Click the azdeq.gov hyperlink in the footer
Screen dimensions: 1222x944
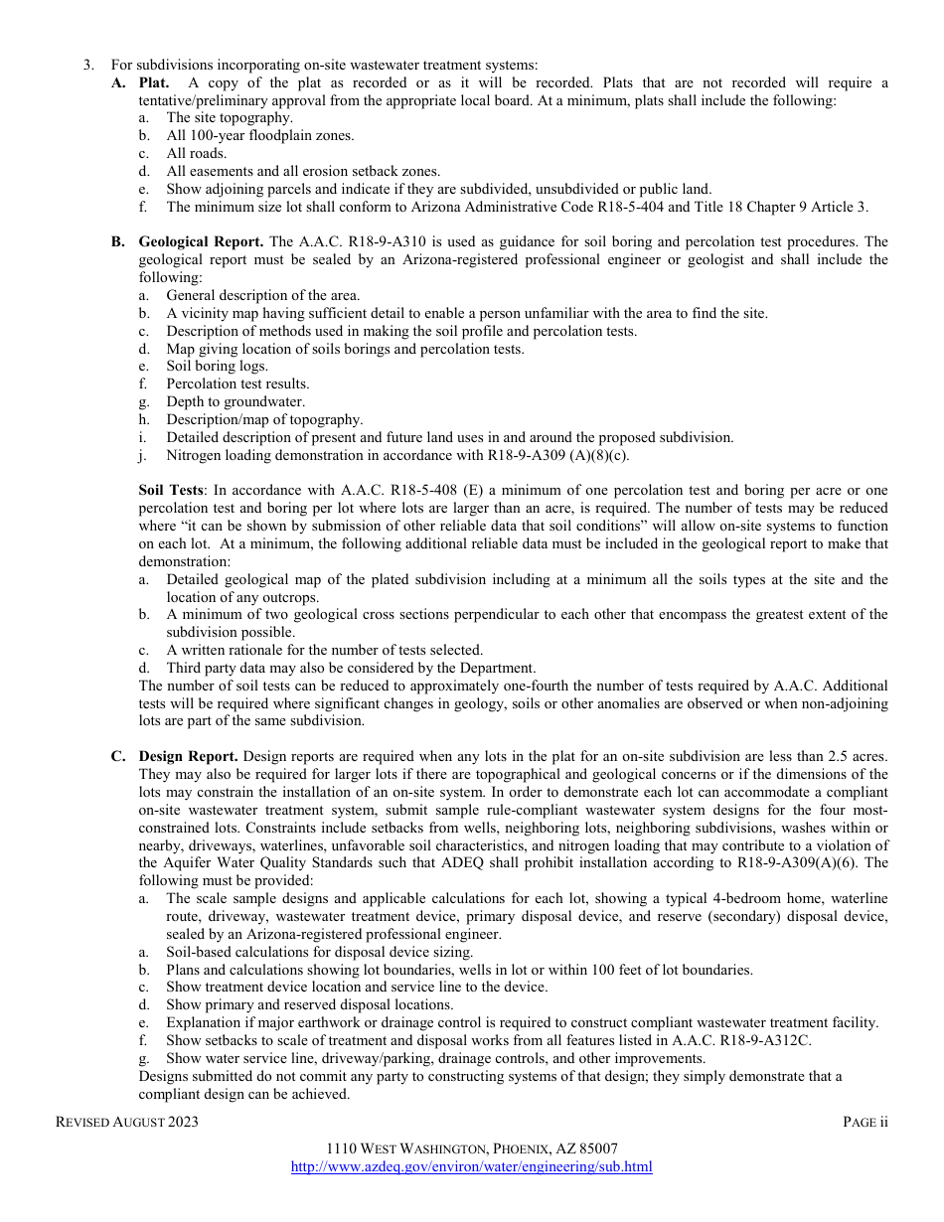471,1166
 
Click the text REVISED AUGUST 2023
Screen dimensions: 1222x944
126,1122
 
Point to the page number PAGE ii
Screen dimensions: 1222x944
865,1122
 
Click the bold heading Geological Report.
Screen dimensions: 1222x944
201,241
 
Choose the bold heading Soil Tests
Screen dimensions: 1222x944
171,490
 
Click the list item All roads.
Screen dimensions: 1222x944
196,153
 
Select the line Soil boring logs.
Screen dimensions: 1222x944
217,366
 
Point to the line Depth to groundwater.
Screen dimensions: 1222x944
236,401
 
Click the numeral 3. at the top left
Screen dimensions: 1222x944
88,65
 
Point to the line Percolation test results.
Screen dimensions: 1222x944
237,383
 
